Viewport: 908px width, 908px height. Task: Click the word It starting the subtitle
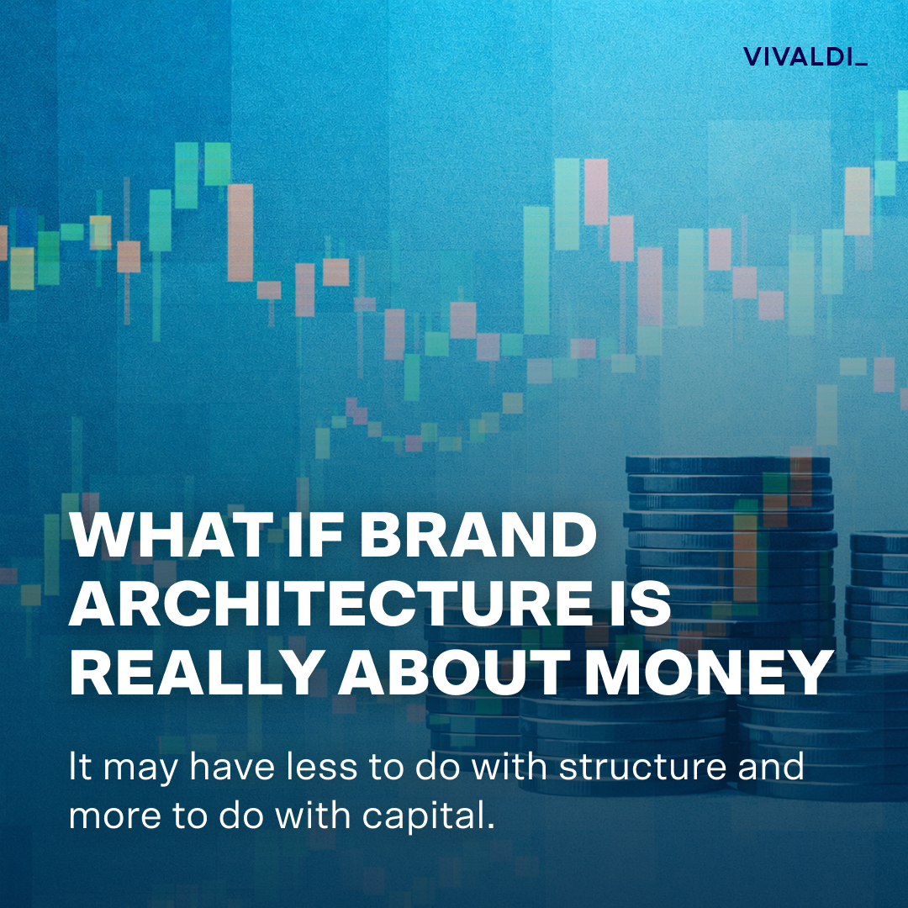point(79,768)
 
